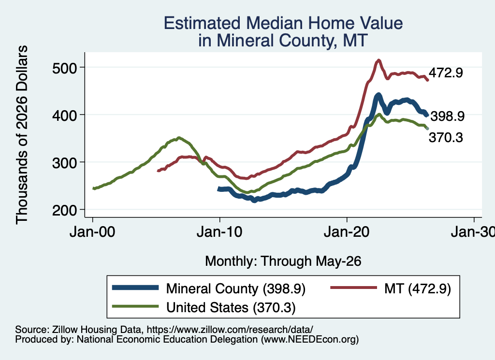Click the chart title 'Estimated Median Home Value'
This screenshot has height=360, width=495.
pyautogui.click(x=283, y=23)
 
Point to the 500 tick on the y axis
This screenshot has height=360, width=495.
pyautogui.click(x=65, y=68)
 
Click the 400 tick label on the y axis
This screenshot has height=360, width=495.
pyautogui.click(x=65, y=115)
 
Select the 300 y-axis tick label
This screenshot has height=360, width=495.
pyautogui.click(x=65, y=163)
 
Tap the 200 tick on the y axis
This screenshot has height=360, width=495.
pyautogui.click(x=65, y=210)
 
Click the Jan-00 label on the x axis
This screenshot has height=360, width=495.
pyautogui.click(x=92, y=232)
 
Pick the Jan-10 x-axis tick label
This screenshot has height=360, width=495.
pyautogui.click(x=219, y=232)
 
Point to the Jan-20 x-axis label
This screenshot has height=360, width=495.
pyautogui.click(x=347, y=232)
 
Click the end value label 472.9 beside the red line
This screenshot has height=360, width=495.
pyautogui.click(x=446, y=73)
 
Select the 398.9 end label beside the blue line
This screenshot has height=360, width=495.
pyautogui.click(x=448, y=116)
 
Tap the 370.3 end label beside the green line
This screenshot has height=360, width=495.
pyautogui.click(x=446, y=138)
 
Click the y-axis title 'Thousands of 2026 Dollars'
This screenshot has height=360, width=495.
pyautogui.click(x=22, y=135)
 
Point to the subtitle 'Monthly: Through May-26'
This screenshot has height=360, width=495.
pyautogui.click(x=283, y=261)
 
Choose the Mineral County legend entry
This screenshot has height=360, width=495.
pyautogui.click(x=209, y=288)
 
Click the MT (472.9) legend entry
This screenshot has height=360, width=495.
pyautogui.click(x=391, y=288)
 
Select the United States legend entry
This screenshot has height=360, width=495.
pyautogui.click(x=204, y=307)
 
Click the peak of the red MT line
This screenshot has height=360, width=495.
pyautogui.click(x=379, y=60)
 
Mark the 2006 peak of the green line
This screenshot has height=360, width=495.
pyautogui.click(x=179, y=138)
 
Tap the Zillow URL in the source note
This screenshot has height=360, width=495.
pyautogui.click(x=230, y=330)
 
